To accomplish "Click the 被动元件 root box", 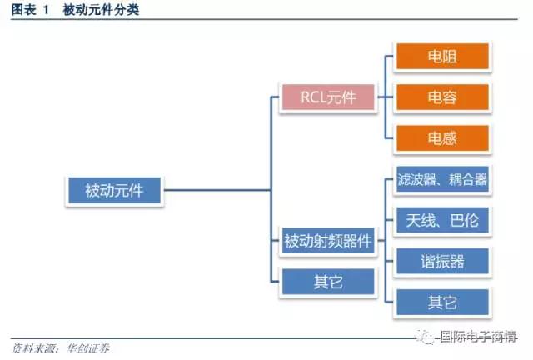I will pos(114,191).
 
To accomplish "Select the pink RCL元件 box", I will pos(316,98).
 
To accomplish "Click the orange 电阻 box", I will pos(442,57).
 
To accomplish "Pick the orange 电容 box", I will pos(442,97).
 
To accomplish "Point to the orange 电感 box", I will pos(442,138).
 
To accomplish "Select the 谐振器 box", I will pos(442,262).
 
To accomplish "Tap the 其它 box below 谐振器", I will pos(442,302).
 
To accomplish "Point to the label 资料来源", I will pos(32,347).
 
